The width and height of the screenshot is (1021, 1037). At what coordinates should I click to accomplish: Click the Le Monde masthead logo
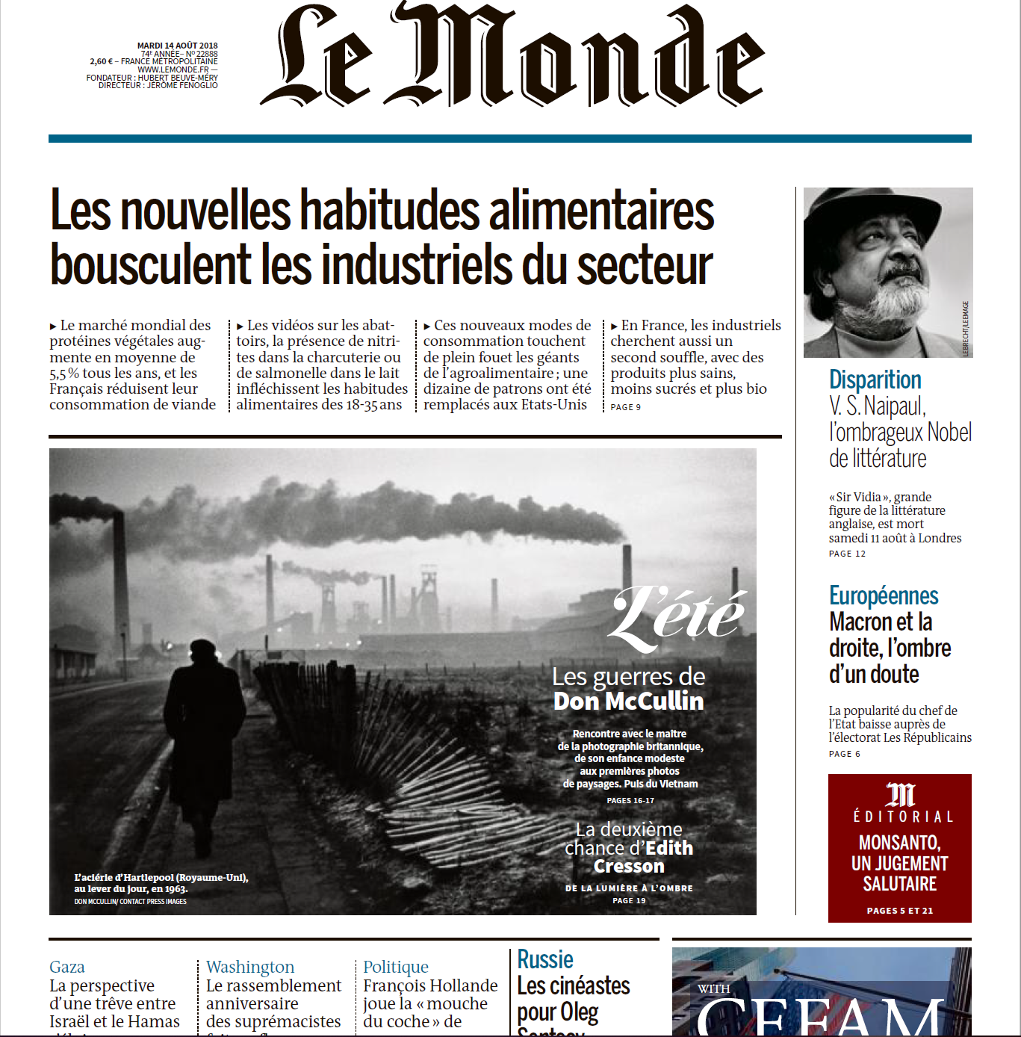pyautogui.click(x=512, y=57)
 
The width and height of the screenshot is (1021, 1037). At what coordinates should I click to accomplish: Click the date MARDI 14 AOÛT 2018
pyautogui.click(x=178, y=46)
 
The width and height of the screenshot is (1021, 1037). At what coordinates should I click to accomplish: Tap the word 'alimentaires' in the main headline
pyautogui.click(x=601, y=211)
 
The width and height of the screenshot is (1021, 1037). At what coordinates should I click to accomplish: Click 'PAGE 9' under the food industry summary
pyautogui.click(x=625, y=407)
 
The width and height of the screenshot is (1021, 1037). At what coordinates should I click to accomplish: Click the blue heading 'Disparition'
pyautogui.click(x=875, y=380)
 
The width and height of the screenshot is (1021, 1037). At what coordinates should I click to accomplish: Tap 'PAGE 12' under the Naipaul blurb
pyautogui.click(x=847, y=554)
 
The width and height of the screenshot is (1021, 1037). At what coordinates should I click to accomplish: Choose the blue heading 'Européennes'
pyautogui.click(x=884, y=595)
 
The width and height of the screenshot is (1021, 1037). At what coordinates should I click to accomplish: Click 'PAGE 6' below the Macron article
pyautogui.click(x=844, y=754)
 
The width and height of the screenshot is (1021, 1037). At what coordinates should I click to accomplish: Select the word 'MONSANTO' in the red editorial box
pyautogui.click(x=899, y=843)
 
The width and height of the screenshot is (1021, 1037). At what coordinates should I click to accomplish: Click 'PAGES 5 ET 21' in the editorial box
pyautogui.click(x=899, y=911)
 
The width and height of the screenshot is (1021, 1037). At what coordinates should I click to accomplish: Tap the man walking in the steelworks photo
pyautogui.click(x=203, y=740)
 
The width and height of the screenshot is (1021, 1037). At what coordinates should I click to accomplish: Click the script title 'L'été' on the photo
pyautogui.click(x=677, y=616)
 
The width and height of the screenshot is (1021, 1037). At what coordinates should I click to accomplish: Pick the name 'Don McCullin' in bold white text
pyautogui.click(x=628, y=701)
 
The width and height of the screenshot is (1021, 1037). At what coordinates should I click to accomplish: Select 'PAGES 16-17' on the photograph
pyautogui.click(x=630, y=800)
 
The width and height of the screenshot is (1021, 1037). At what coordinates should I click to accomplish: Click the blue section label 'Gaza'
pyautogui.click(x=67, y=967)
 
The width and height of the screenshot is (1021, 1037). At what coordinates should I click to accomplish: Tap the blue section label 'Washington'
pyautogui.click(x=250, y=967)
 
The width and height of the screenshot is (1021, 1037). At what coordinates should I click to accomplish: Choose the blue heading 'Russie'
pyautogui.click(x=545, y=959)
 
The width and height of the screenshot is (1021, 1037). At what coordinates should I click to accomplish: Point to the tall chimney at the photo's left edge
pyautogui.click(x=120, y=575)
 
